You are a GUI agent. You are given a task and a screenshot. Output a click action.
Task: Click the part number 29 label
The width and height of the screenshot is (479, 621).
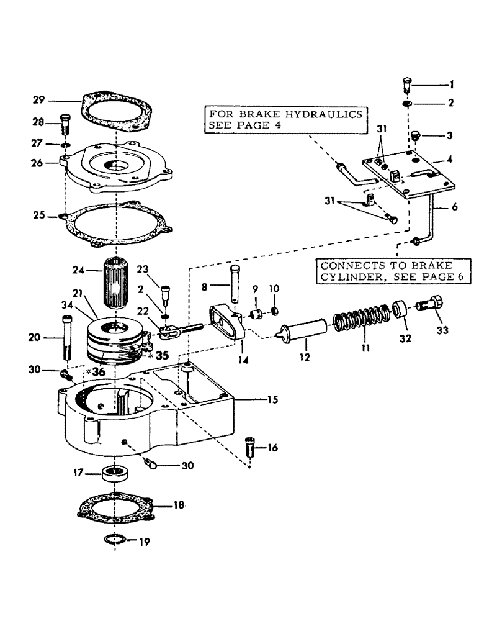[x=38, y=99]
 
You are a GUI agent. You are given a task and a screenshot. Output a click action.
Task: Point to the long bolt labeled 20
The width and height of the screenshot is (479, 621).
[x=68, y=339]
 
